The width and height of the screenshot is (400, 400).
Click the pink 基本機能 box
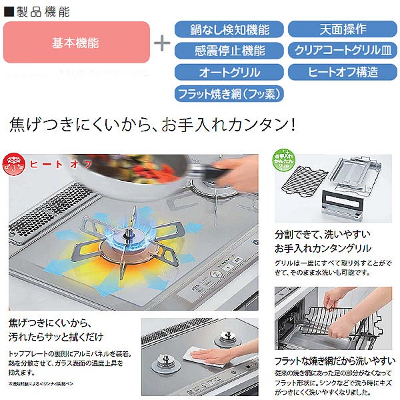(x=76, y=43)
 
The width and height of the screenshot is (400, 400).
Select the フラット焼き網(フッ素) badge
(x=229, y=93)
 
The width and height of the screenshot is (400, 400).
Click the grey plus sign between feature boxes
(x=161, y=43)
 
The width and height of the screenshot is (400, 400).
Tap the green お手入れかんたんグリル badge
(x=285, y=163)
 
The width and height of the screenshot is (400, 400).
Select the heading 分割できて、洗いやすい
(x=323, y=235)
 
